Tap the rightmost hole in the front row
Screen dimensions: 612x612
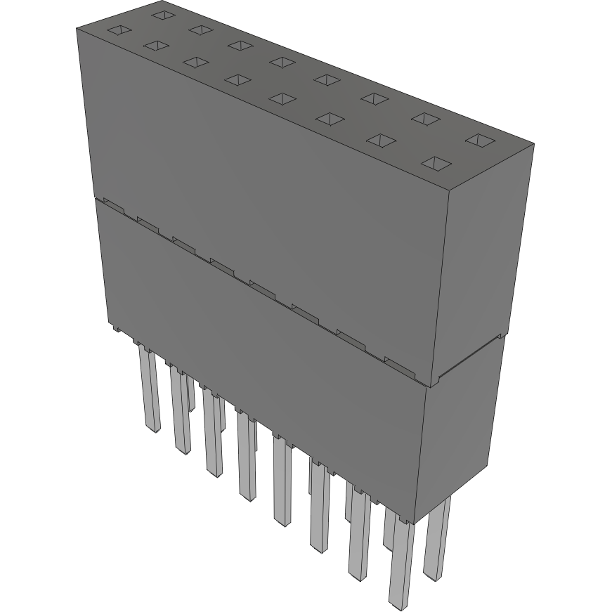coord(436,164)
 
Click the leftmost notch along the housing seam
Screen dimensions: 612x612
coord(112,204)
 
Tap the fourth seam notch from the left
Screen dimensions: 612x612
coord(222,264)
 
